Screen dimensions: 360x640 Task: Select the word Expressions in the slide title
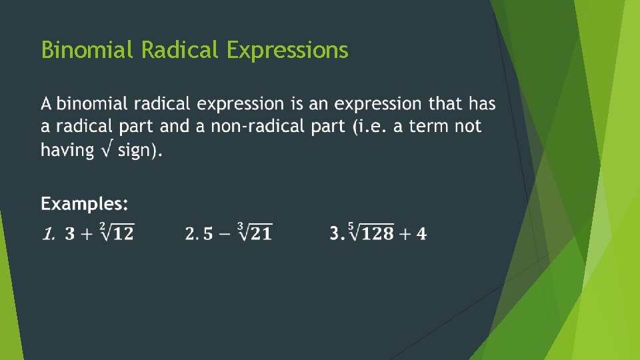287,51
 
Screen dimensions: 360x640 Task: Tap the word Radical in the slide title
181,50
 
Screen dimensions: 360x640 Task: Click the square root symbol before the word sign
105,149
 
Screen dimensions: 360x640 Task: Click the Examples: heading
85,203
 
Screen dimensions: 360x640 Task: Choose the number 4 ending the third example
421,234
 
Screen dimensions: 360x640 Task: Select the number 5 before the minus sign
207,234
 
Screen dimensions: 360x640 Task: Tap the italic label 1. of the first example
47,234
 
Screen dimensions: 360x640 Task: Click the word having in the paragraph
67,150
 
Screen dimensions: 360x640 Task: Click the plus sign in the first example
87,234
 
